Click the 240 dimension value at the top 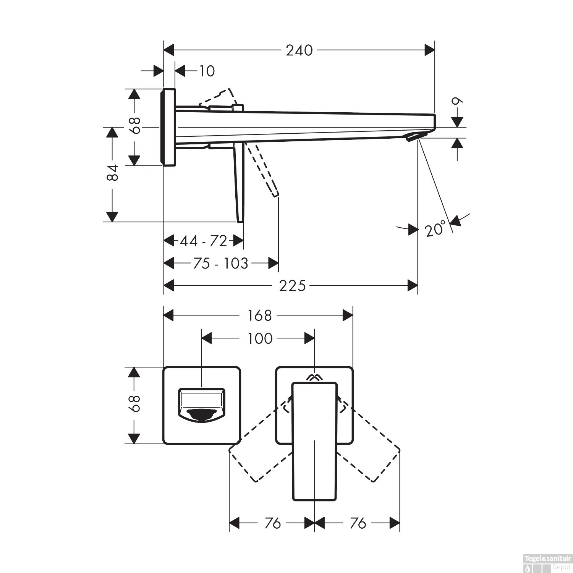click(299, 50)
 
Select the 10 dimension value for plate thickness click(207, 71)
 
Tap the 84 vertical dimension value click(112, 173)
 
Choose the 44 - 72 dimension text click(203, 241)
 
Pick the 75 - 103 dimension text click(220, 264)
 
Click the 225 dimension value click(292, 286)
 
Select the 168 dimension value click(259, 316)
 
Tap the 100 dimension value click(260, 338)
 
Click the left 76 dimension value click(272, 523)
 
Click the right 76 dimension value click(358, 523)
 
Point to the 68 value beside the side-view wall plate click(134, 125)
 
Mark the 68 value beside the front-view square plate click(134, 403)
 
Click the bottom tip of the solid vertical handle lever click(240, 220)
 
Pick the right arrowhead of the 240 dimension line click(430, 50)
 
